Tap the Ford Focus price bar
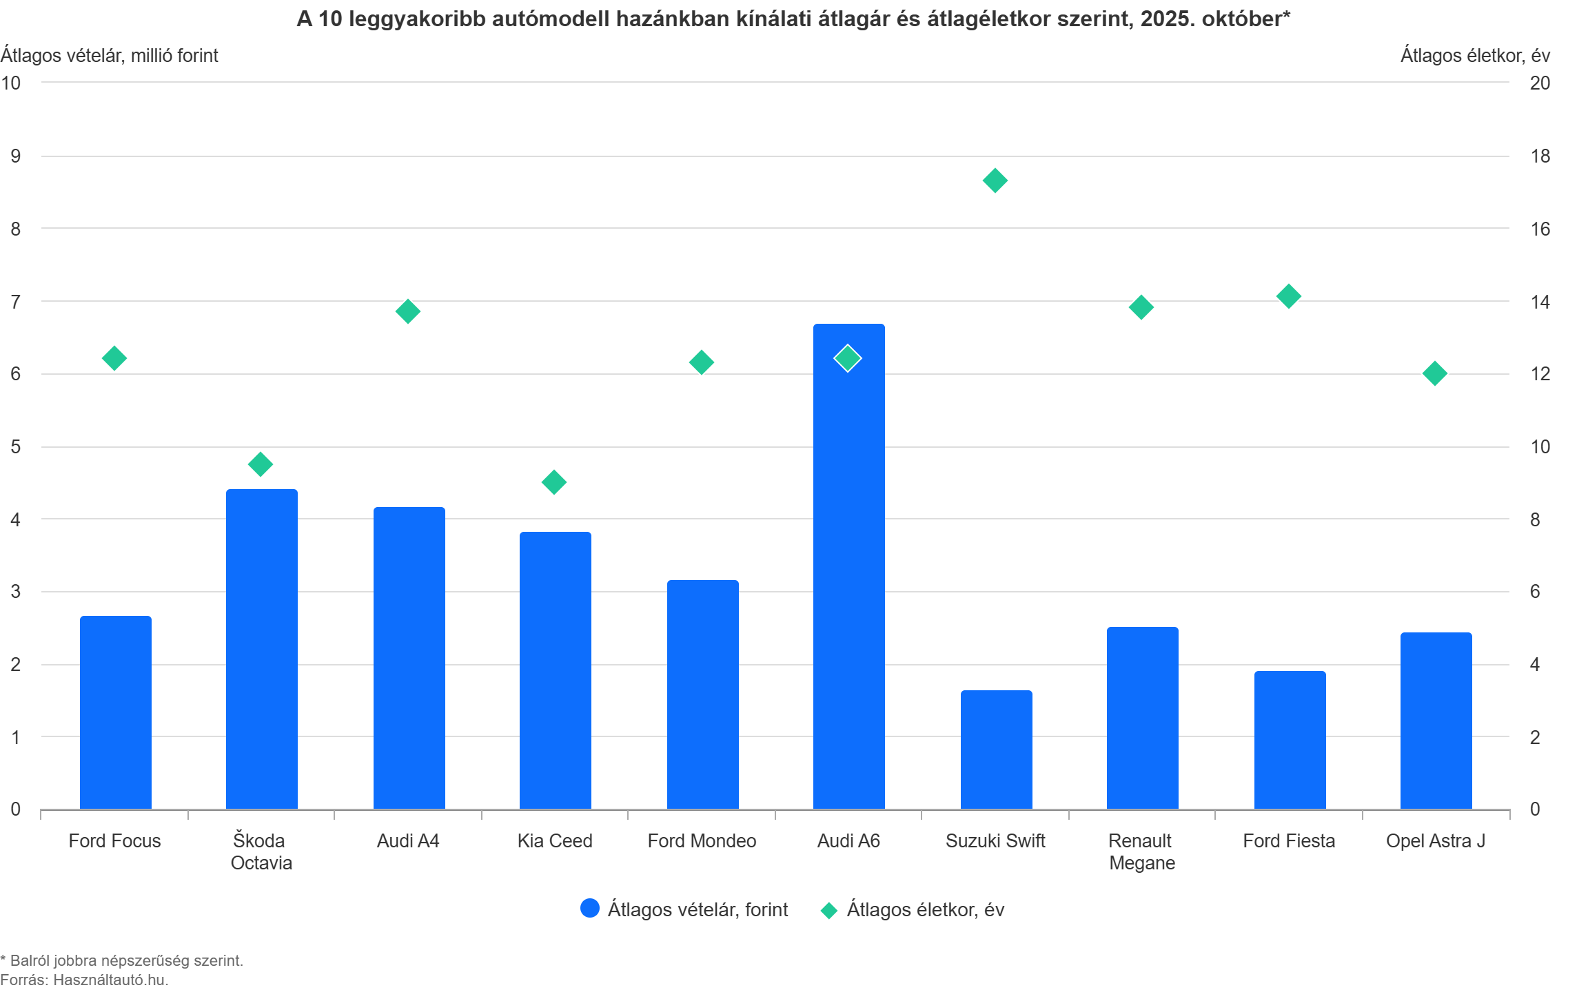(115, 712)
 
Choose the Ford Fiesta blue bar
(1290, 740)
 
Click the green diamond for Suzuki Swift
(995, 180)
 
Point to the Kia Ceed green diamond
(554, 482)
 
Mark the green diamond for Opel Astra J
(1435, 373)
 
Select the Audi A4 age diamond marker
(407, 311)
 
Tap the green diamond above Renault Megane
(1141, 307)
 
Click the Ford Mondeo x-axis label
(702, 840)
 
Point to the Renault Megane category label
(1141, 851)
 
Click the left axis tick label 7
(16, 301)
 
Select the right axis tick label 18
(1540, 156)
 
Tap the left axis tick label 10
(11, 83)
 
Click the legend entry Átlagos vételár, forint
(697, 909)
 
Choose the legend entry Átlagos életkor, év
(925, 909)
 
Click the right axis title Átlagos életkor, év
(1475, 55)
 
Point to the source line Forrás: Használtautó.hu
(84, 980)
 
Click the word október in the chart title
(1241, 19)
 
